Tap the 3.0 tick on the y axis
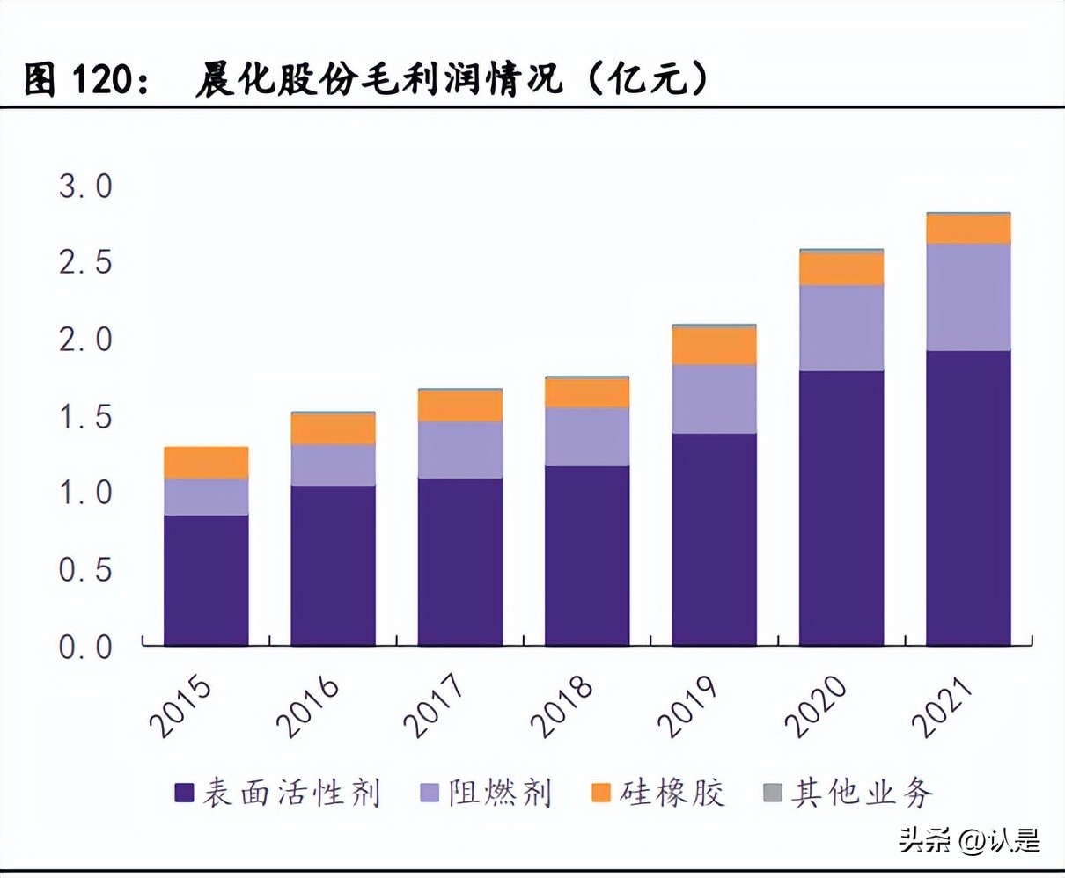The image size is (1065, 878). coord(85,187)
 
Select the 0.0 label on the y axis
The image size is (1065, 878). coord(85,648)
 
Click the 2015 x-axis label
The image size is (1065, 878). coord(182,706)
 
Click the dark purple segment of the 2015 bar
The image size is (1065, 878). coord(206,581)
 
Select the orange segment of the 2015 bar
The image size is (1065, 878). coord(206,463)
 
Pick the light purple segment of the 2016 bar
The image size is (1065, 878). coord(333,465)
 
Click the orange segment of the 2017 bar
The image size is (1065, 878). coord(459,406)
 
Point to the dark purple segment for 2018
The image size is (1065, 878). coord(587,556)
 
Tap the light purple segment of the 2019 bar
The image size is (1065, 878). coord(714,399)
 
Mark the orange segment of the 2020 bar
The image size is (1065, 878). coord(841,269)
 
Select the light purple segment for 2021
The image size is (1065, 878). coord(968,296)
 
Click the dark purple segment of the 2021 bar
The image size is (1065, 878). coord(968,498)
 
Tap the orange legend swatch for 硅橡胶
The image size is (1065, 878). coord(601,793)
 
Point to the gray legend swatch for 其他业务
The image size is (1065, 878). coord(772,793)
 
